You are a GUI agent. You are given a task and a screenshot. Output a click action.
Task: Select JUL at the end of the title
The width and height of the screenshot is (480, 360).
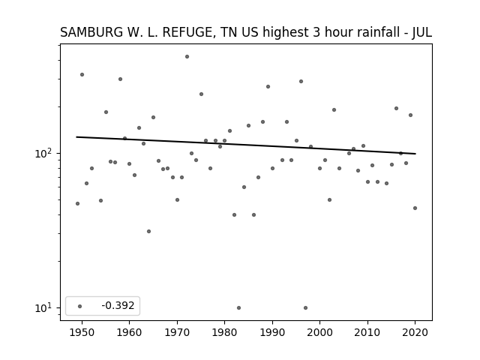(x=421, y=32)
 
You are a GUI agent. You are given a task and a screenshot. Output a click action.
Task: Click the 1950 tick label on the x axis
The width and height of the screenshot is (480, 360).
(x=82, y=332)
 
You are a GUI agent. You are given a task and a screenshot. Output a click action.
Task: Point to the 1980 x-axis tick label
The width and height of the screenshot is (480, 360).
(x=224, y=332)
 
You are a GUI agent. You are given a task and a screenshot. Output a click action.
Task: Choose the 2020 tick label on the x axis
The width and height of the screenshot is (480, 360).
(x=415, y=332)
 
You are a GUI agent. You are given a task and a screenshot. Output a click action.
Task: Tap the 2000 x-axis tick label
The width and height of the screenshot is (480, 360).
(x=320, y=332)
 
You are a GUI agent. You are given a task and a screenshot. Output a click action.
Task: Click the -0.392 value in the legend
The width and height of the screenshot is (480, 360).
(x=118, y=305)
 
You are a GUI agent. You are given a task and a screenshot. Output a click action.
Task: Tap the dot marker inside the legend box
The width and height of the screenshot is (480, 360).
(x=80, y=306)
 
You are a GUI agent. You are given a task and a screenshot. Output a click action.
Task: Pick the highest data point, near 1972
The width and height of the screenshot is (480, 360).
(x=187, y=57)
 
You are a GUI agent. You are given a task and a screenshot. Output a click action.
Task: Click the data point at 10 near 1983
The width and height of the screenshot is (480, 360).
(x=238, y=308)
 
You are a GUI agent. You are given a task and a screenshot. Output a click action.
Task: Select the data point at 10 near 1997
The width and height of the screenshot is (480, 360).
(x=305, y=308)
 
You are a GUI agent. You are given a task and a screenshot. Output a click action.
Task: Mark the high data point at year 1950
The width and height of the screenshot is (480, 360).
(x=82, y=75)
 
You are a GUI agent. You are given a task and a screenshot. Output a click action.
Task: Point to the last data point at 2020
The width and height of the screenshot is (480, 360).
(x=415, y=208)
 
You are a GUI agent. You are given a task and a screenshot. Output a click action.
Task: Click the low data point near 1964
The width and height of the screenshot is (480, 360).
(x=148, y=232)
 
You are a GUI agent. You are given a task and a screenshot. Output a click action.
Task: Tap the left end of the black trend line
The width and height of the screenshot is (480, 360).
(x=76, y=136)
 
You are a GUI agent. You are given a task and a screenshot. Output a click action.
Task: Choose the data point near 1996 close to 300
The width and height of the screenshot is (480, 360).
(x=301, y=82)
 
